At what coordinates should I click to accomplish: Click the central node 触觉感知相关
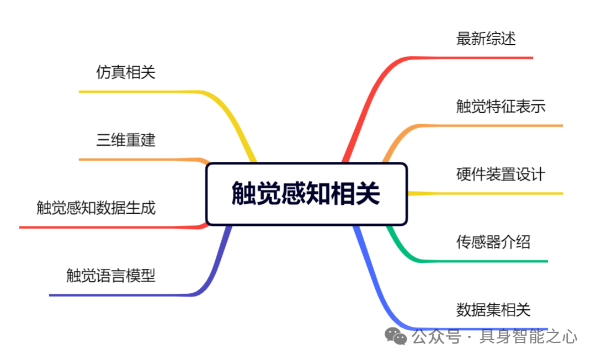point(306,194)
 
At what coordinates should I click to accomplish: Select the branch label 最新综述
point(486,39)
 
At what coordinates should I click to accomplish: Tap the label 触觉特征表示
point(501,107)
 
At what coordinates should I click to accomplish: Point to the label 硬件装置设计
point(501,174)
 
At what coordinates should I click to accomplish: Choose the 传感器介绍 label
point(493,242)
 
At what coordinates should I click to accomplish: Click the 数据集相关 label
point(493,310)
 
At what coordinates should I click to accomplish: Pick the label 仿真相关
point(126,72)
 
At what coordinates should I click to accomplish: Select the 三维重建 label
point(126,140)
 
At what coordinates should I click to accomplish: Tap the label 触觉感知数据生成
point(96,208)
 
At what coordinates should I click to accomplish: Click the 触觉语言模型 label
point(111,276)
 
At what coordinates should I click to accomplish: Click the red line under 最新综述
point(486,57)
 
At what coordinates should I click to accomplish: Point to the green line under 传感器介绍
point(491,261)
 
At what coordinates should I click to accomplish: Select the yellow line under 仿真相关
point(138,92)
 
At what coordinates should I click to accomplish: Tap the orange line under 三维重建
point(138,160)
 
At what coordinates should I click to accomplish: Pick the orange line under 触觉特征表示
point(497,126)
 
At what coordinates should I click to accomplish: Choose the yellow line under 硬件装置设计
point(497,193)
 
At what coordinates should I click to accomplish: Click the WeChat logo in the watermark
point(396,336)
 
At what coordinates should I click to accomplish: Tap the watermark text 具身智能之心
point(528,336)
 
